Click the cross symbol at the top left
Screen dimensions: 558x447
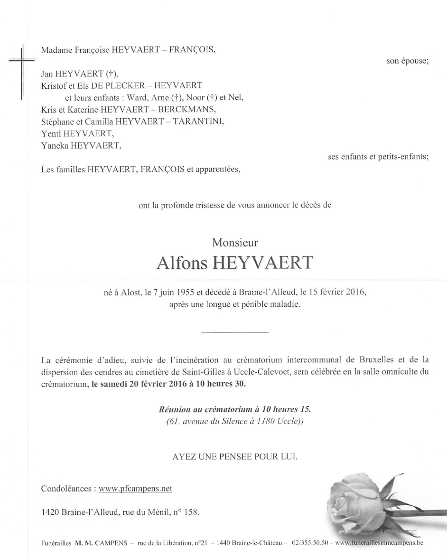click(x=22, y=60)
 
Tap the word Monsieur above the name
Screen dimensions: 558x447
click(x=235, y=242)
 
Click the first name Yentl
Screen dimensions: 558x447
click(x=52, y=134)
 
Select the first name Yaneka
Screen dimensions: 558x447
click(x=55, y=146)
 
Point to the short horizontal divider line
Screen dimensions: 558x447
click(x=235, y=331)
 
